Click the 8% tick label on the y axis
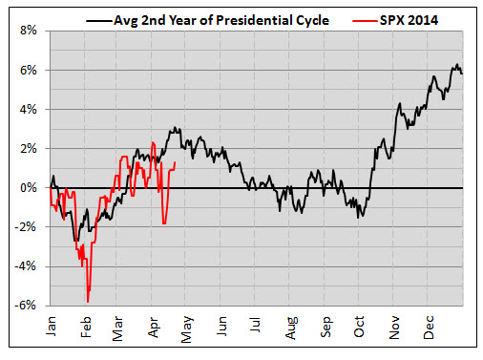[x=29, y=31]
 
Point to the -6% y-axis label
[x=25, y=306]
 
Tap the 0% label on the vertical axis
[x=29, y=188]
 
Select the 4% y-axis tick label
[x=29, y=110]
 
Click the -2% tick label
[x=25, y=227]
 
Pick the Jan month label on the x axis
[x=52, y=326]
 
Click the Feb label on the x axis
[x=86, y=327]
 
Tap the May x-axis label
[x=187, y=329]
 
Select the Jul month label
[x=255, y=325]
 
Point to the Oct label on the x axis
[x=359, y=327]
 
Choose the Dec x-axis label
[x=429, y=328]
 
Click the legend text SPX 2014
[x=409, y=20]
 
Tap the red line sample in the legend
[x=365, y=21]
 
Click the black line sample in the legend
[x=99, y=21]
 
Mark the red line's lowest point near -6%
[x=88, y=302]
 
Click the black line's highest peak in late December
[x=457, y=64]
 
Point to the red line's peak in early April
[x=153, y=142]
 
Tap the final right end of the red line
[x=175, y=162]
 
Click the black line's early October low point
[x=358, y=218]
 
